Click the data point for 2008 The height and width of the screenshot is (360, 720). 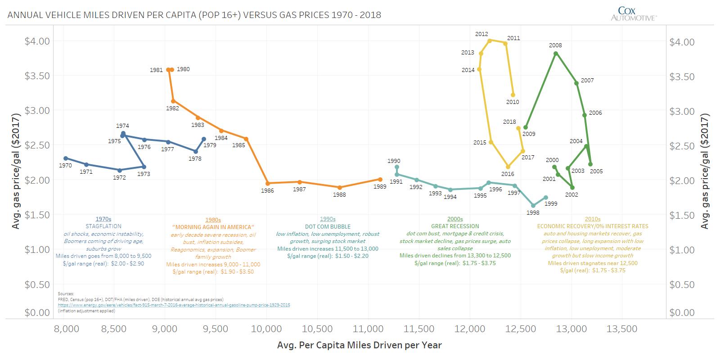pos(556,53)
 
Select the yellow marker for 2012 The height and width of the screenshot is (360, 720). pos(490,40)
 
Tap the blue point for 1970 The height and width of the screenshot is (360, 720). pos(66,158)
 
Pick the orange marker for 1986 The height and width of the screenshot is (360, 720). pos(268,183)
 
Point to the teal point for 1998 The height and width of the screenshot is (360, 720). pos(533,206)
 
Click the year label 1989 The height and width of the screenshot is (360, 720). pos(380,186)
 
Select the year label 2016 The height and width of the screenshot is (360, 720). pos(508,174)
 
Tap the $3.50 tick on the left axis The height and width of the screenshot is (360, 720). pos(36,75)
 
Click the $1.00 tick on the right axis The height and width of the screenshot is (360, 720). pos(682,250)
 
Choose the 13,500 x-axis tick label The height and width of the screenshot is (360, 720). pos(623,329)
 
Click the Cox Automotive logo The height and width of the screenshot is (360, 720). pos(634,13)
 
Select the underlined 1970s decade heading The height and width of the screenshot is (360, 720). pos(103,219)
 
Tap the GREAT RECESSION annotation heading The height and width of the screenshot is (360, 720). pos(455,226)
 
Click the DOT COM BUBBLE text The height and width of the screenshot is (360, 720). pos(327,226)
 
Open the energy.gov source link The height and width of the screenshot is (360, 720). pos(174,305)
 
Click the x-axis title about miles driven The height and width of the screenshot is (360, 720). pos(360,345)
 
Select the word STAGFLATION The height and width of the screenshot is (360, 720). pos(103,226)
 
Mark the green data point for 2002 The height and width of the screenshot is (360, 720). pos(572,187)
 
